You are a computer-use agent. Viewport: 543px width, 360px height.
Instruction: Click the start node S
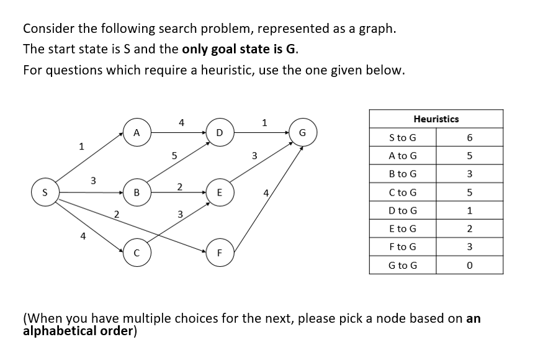[x=46, y=192]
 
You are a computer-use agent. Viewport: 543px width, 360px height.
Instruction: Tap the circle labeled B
[x=135, y=192]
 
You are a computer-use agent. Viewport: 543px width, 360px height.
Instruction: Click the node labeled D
[x=218, y=132]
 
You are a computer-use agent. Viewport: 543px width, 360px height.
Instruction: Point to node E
[x=218, y=192]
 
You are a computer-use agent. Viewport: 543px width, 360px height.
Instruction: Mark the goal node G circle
[x=302, y=132]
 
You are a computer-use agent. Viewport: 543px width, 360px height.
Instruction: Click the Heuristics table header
[x=436, y=119]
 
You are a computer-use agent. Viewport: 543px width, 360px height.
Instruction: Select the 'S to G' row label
[x=402, y=137]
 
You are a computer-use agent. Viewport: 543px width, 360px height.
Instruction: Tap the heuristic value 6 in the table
[x=469, y=137]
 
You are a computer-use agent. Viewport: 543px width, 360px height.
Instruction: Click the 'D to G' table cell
[x=402, y=211]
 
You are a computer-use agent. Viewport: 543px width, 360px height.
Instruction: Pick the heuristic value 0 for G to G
[x=469, y=266]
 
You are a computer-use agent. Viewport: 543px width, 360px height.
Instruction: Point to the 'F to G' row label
[x=402, y=247]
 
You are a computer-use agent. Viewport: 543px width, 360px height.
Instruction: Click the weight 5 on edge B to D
[x=175, y=156]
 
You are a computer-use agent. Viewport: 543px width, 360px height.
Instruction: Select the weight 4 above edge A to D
[x=181, y=122]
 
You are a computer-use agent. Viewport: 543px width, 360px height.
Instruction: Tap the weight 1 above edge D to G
[x=264, y=122]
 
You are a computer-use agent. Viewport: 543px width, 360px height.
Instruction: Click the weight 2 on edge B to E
[x=179, y=187]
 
